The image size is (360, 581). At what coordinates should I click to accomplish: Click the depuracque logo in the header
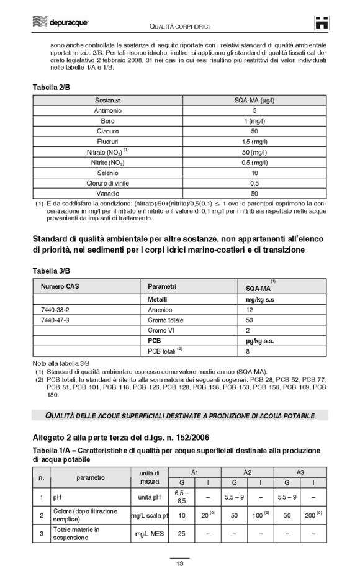tap(60, 23)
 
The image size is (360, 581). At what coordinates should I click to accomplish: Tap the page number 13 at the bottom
tap(179, 564)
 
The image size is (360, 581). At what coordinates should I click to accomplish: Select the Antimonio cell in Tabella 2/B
tap(108, 110)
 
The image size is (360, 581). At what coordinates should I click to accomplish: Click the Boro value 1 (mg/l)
tap(254, 120)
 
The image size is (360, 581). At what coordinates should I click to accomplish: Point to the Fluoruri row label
tap(108, 142)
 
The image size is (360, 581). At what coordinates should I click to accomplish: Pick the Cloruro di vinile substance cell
tap(108, 183)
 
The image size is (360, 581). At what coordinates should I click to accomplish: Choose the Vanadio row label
tap(108, 194)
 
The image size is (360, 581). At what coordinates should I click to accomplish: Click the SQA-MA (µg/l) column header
tap(254, 99)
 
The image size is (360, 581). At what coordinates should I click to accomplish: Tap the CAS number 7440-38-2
tap(55, 309)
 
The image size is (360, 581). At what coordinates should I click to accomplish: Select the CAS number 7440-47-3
tap(55, 320)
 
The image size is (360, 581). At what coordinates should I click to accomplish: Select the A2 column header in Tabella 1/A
tap(247, 473)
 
